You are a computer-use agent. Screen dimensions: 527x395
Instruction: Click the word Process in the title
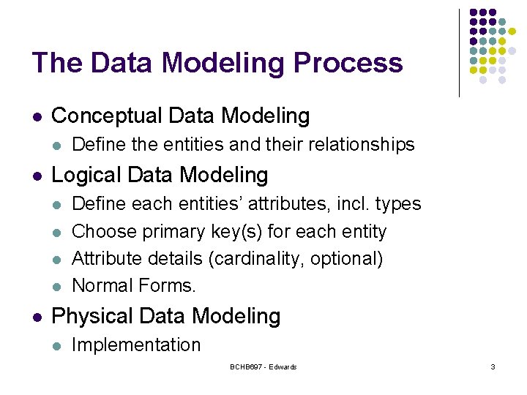pos(348,62)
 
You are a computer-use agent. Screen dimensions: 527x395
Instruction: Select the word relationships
pos(362,145)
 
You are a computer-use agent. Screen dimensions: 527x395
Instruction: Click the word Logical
pos(86,176)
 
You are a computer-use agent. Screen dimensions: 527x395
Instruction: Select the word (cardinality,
pos(257,259)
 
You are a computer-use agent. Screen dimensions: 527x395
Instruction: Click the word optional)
pos(346,259)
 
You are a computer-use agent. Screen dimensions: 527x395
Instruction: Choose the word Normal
pos(102,285)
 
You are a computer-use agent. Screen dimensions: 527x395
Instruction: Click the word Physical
pos(91,317)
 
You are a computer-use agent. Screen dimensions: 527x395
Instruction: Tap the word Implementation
pos(136,345)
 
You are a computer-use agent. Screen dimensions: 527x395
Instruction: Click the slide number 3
pos(493,366)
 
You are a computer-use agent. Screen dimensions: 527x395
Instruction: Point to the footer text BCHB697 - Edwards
pos(263,366)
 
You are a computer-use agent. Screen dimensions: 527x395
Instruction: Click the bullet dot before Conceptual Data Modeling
pos(37,117)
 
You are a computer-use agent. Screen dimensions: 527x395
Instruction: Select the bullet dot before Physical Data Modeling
pos(37,317)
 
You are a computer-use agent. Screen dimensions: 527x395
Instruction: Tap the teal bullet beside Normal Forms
pos(57,287)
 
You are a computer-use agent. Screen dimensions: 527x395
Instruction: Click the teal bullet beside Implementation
pos(57,346)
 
